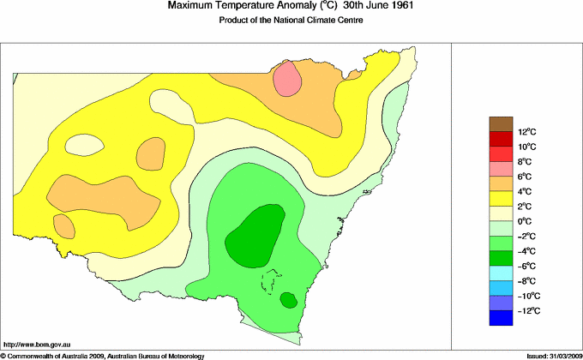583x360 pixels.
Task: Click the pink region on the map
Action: [x=288, y=79]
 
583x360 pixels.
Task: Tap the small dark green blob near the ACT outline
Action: [x=288, y=300]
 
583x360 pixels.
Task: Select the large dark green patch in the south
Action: [x=256, y=231]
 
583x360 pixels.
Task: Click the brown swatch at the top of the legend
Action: [x=501, y=124]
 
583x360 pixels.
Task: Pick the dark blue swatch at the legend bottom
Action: [x=501, y=319]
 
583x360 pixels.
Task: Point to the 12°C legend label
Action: [x=526, y=132]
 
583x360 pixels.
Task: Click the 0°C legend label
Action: [x=526, y=221]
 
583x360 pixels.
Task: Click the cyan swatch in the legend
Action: [x=501, y=273]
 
